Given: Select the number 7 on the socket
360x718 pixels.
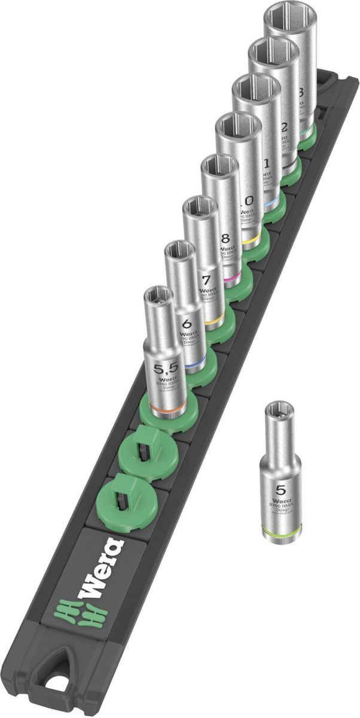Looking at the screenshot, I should pos(206,280).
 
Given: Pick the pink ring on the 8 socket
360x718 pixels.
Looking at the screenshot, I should pos(230,279).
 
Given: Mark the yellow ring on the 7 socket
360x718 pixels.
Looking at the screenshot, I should pos(210,322).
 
